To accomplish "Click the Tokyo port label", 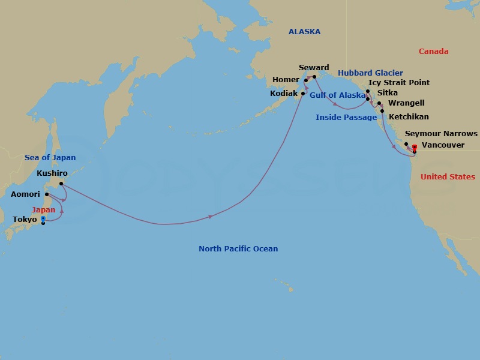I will [25, 220].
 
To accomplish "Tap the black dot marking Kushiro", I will [61, 184].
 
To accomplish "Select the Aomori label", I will [25, 194].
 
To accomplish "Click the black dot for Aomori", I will [47, 194].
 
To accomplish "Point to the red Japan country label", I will [43, 210].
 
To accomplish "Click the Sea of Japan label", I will [50, 158].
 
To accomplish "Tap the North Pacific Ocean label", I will [238, 249].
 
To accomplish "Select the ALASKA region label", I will [304, 32].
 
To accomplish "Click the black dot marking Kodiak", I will [303, 94].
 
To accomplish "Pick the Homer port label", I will [286, 79].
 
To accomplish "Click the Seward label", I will [314, 68].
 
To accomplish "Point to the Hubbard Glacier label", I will [370, 73].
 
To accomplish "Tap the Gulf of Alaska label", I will [337, 95].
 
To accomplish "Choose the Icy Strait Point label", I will [399, 83].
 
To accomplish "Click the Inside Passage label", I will [346, 118].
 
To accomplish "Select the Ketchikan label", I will [409, 117].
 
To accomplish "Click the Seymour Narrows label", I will [441, 134].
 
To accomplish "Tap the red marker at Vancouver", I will [415, 147].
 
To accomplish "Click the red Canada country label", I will [433, 52].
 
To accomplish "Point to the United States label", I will [448, 177].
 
